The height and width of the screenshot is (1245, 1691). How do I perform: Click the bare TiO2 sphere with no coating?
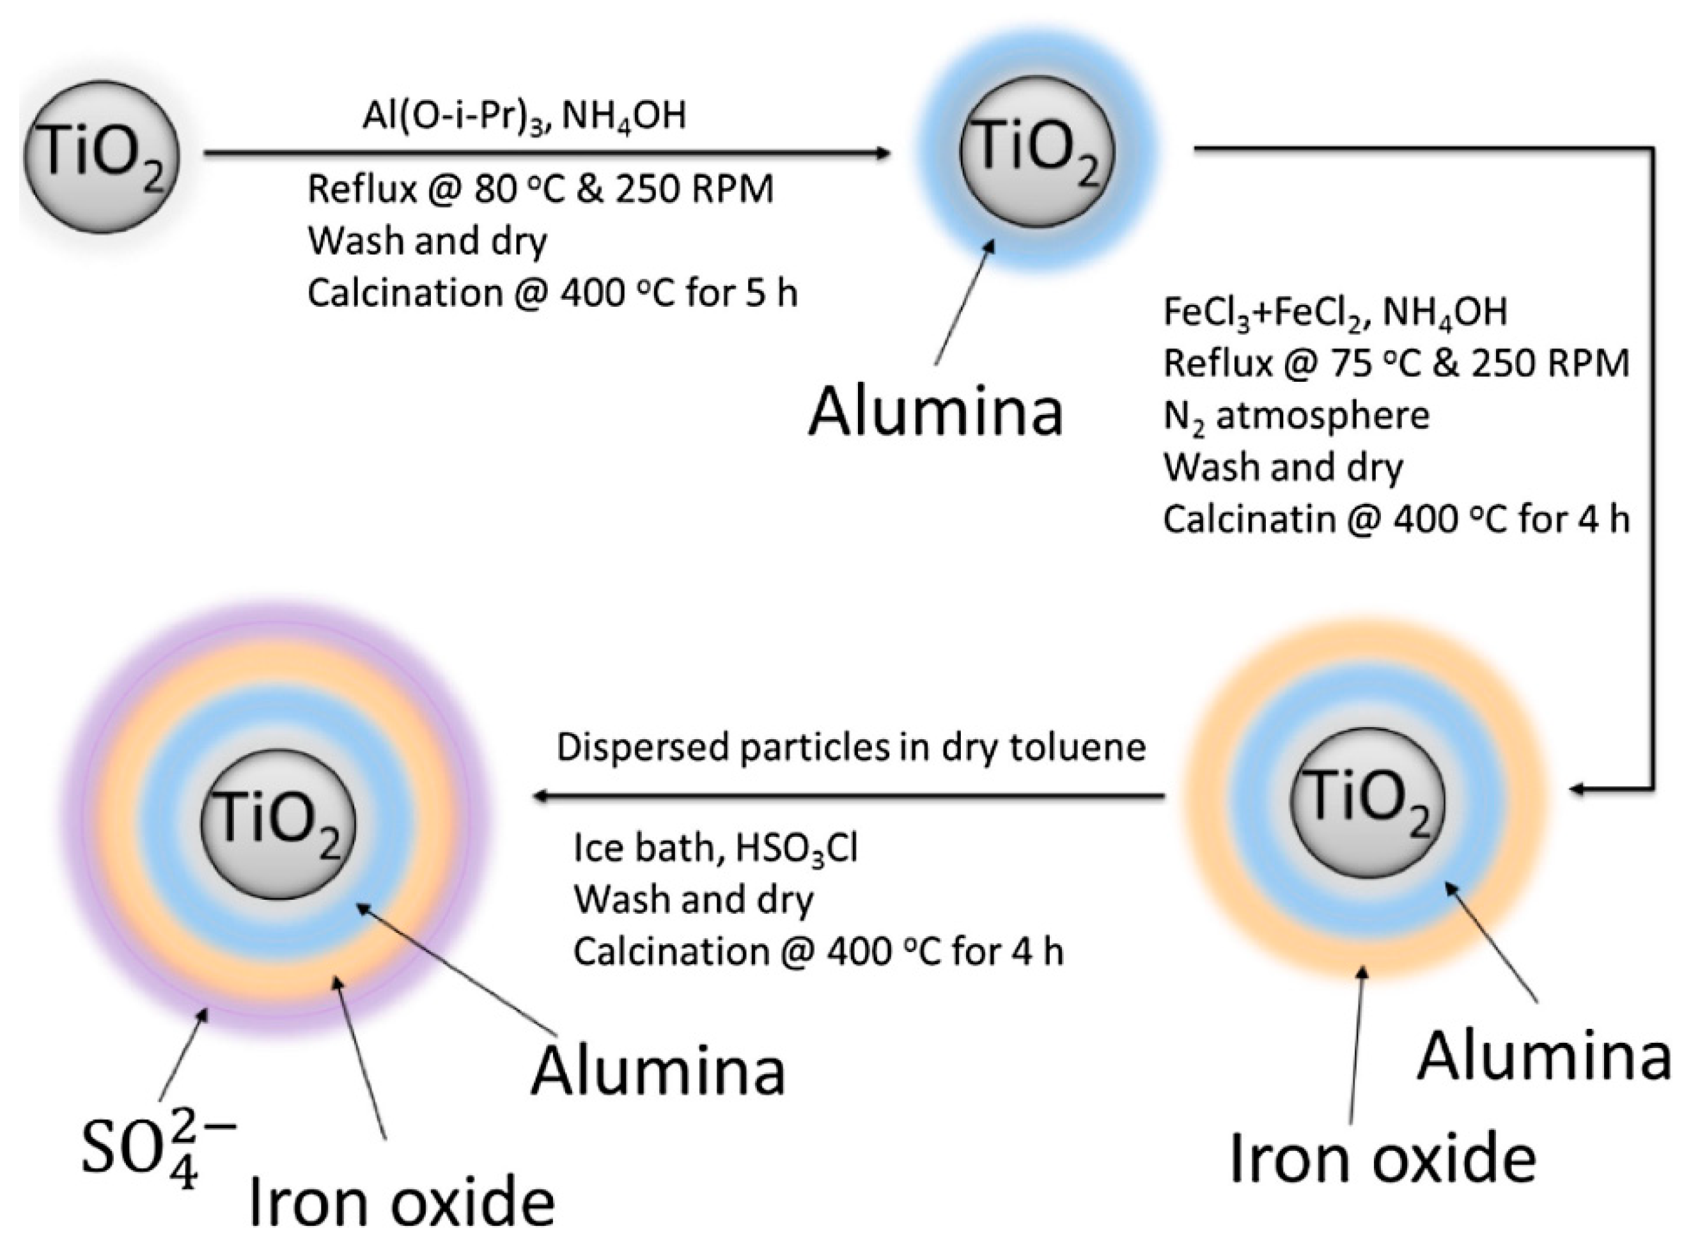(102, 157)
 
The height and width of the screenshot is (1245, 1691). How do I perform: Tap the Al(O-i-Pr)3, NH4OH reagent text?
(524, 117)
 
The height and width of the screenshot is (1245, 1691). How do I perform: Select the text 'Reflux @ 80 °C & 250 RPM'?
(540, 189)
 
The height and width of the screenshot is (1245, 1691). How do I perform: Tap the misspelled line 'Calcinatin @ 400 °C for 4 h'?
(1396, 519)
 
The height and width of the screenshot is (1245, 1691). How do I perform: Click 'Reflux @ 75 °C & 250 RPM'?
(1396, 363)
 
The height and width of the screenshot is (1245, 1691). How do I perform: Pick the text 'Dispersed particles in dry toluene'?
(851, 748)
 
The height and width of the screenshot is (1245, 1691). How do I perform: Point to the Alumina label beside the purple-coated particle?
(658, 1071)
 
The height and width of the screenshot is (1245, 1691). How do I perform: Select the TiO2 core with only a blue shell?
(1037, 151)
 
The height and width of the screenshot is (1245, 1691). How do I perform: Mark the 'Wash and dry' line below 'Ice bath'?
(693, 900)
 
